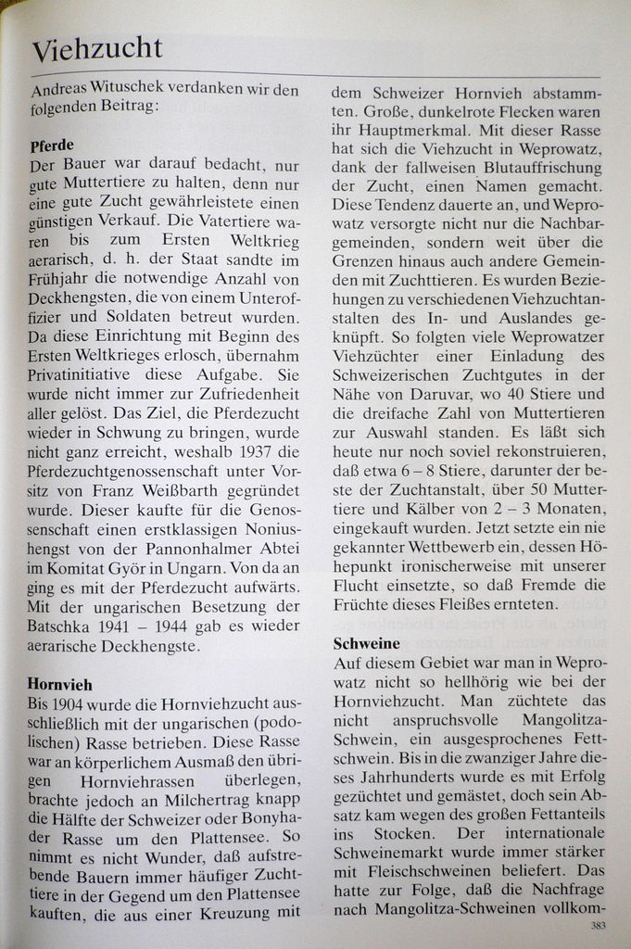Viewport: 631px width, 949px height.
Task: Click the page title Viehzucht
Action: (x=96, y=47)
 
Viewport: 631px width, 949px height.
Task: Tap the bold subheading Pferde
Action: (x=52, y=146)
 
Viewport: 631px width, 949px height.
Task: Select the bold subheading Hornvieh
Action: (x=60, y=684)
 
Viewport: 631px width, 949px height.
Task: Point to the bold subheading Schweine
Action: (x=366, y=643)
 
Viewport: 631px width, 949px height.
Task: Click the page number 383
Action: (x=598, y=925)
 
